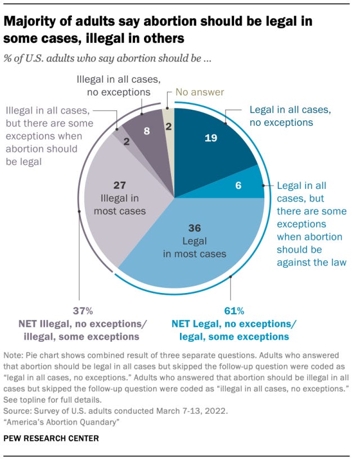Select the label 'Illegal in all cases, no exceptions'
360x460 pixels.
113,85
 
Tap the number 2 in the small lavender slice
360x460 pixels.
127,143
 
